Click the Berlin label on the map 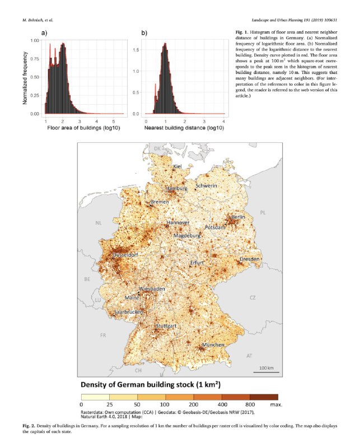(x=239, y=217)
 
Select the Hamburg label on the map (x=176, y=189)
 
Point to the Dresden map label (x=250, y=259)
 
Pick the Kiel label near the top (x=177, y=166)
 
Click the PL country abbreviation (x=264, y=212)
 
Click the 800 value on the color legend (x=250, y=404)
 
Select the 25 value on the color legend (x=110, y=404)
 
